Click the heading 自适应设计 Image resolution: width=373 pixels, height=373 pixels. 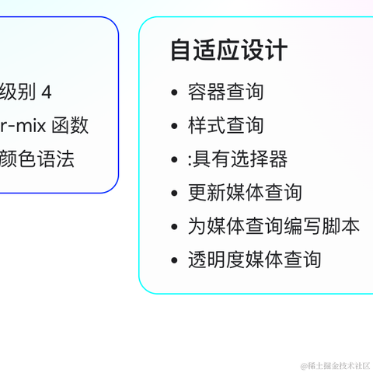pos(228,51)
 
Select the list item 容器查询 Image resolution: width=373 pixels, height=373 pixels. pos(225,92)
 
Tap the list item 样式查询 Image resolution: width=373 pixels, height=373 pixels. pos(225,125)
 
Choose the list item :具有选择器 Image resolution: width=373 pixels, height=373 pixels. pos(237,159)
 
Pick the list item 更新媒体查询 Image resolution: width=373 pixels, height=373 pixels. pos(245,193)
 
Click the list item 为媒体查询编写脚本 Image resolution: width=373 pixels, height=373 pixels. pos(274,226)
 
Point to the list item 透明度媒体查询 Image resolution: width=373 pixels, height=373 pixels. pos(254,260)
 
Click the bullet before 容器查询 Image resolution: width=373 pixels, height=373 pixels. pos(174,92)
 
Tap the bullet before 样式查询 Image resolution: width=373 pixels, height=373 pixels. pos(174,126)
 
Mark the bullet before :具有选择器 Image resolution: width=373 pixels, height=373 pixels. pos(174,160)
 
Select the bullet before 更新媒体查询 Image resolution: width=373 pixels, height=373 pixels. pos(174,193)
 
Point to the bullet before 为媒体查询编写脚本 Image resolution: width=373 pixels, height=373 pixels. pos(174,227)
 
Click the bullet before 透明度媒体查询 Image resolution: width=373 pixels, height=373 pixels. pos(174,260)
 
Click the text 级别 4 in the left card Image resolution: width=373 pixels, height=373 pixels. pos(26,92)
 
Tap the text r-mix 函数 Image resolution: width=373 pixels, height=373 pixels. pos(44,125)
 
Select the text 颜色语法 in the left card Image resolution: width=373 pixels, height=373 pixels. pos(37,159)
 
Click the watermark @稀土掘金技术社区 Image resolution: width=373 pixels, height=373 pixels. pos(335,364)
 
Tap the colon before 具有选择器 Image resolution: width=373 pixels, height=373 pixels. pos(190,160)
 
